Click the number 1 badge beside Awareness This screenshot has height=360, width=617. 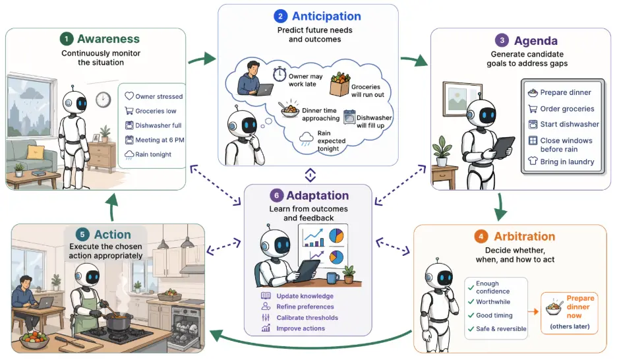point(67,39)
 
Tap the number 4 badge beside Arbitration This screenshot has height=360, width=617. point(481,237)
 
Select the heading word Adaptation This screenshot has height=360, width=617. point(318,196)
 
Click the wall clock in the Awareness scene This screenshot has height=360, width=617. point(103,100)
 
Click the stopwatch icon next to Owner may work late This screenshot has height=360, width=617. point(279,74)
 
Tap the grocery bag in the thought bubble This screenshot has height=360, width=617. point(340,84)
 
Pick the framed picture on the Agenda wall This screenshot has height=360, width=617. point(462,99)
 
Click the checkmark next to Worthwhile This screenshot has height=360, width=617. point(471,302)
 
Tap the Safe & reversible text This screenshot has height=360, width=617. point(501,328)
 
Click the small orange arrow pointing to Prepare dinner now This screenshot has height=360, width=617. point(533,312)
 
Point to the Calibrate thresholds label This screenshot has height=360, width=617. point(307,318)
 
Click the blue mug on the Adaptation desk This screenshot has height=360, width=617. point(332,278)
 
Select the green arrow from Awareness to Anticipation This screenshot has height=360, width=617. point(202,59)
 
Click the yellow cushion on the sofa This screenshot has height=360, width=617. point(35,152)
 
